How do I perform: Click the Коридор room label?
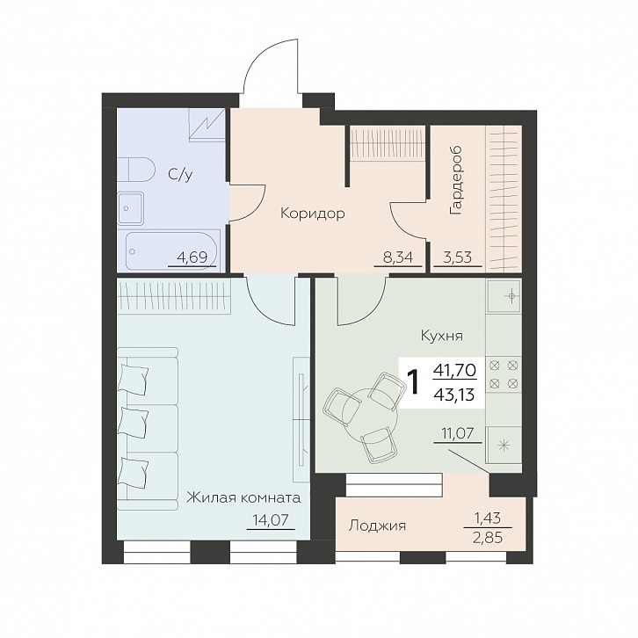pyautogui.click(x=313, y=214)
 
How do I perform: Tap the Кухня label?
pyautogui.click(x=442, y=336)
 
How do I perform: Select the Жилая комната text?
pyautogui.click(x=243, y=497)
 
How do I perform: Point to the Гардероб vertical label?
pyautogui.click(x=456, y=179)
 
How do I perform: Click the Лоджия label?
pyautogui.click(x=377, y=526)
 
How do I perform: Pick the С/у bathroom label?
pyautogui.click(x=180, y=175)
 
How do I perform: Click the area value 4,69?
pyautogui.click(x=192, y=257)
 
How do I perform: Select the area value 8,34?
pyautogui.click(x=397, y=257)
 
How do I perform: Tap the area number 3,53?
pyautogui.click(x=456, y=257)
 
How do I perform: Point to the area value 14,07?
pyautogui.click(x=271, y=519)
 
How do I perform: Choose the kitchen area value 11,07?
pyautogui.click(x=458, y=433)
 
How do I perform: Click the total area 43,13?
pyautogui.click(x=455, y=394)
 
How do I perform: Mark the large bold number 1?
pyautogui.click(x=414, y=383)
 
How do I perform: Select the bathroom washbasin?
pyautogui.click(x=131, y=208)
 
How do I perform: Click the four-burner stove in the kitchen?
pyautogui.click(x=504, y=374)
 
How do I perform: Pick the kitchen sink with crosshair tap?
pyautogui.click(x=504, y=296)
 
